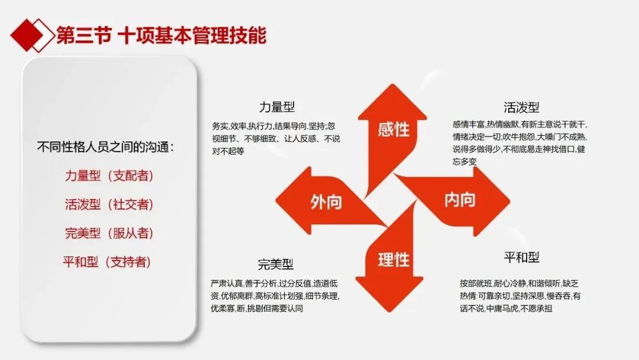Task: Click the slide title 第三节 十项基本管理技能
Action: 162,36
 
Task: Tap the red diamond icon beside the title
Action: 32,36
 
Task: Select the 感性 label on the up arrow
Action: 393,130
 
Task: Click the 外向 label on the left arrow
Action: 326,202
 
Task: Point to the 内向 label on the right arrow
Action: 460,200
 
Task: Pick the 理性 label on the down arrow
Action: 393,260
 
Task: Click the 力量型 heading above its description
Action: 277,107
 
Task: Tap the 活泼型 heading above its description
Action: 521,108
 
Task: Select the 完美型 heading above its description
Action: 276,264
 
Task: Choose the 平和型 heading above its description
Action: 522,257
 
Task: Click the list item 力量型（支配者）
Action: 109,176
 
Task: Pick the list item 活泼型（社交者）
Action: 109,204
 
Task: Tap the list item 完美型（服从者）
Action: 109,233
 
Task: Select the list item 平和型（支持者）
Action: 106,262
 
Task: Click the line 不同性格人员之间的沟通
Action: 105,147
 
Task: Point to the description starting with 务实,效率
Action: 276,139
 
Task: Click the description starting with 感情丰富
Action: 519,143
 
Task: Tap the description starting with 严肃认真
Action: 275,295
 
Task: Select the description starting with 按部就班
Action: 520,295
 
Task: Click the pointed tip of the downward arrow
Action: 389,312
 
